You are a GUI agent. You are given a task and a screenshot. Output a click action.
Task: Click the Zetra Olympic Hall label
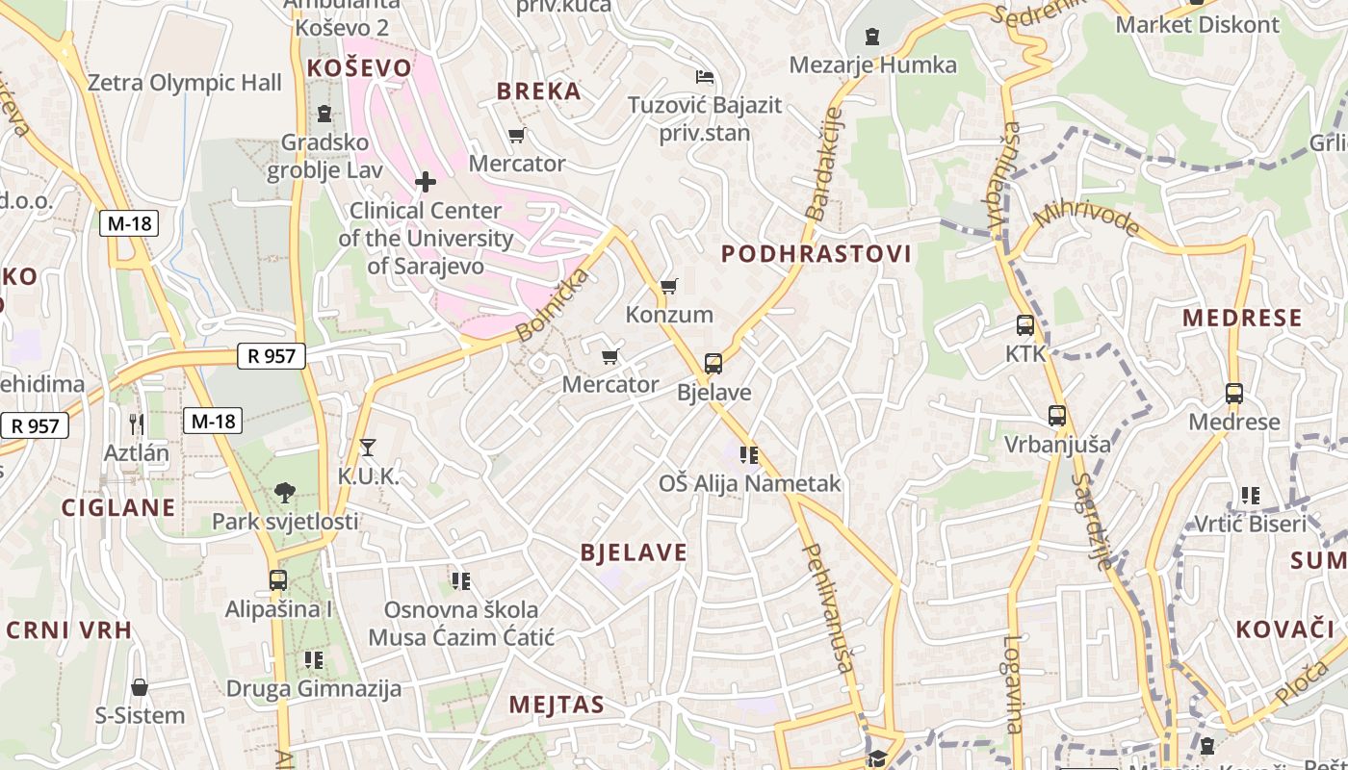click(185, 83)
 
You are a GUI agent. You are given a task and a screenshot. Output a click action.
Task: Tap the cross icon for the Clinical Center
click(425, 181)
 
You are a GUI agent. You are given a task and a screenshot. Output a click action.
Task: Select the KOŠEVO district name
click(358, 68)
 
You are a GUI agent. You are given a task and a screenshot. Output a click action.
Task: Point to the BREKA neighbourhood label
click(539, 91)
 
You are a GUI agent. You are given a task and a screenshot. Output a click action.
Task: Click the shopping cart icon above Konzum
click(669, 286)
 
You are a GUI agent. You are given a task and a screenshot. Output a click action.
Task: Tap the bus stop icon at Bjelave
click(713, 364)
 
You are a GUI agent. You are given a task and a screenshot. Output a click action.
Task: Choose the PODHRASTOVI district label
click(816, 254)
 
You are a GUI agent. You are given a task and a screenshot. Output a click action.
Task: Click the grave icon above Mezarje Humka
click(872, 37)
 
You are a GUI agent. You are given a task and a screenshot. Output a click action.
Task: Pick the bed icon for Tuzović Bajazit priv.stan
click(705, 76)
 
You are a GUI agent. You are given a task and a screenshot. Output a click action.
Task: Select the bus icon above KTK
click(1025, 325)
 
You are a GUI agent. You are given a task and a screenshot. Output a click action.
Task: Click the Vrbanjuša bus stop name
click(1057, 445)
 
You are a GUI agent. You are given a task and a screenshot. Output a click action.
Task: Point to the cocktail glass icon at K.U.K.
click(367, 447)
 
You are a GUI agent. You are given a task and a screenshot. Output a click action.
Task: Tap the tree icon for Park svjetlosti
click(284, 493)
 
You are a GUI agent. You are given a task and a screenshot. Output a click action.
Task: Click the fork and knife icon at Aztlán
click(137, 423)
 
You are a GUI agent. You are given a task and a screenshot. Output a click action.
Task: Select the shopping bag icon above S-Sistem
click(140, 687)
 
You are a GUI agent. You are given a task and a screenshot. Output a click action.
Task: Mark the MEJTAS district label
click(557, 705)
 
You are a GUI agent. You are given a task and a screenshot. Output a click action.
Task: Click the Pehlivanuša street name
click(828, 607)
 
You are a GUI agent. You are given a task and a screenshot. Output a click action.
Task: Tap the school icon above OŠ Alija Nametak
click(749, 454)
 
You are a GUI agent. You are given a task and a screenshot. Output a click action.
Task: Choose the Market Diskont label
click(1198, 25)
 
